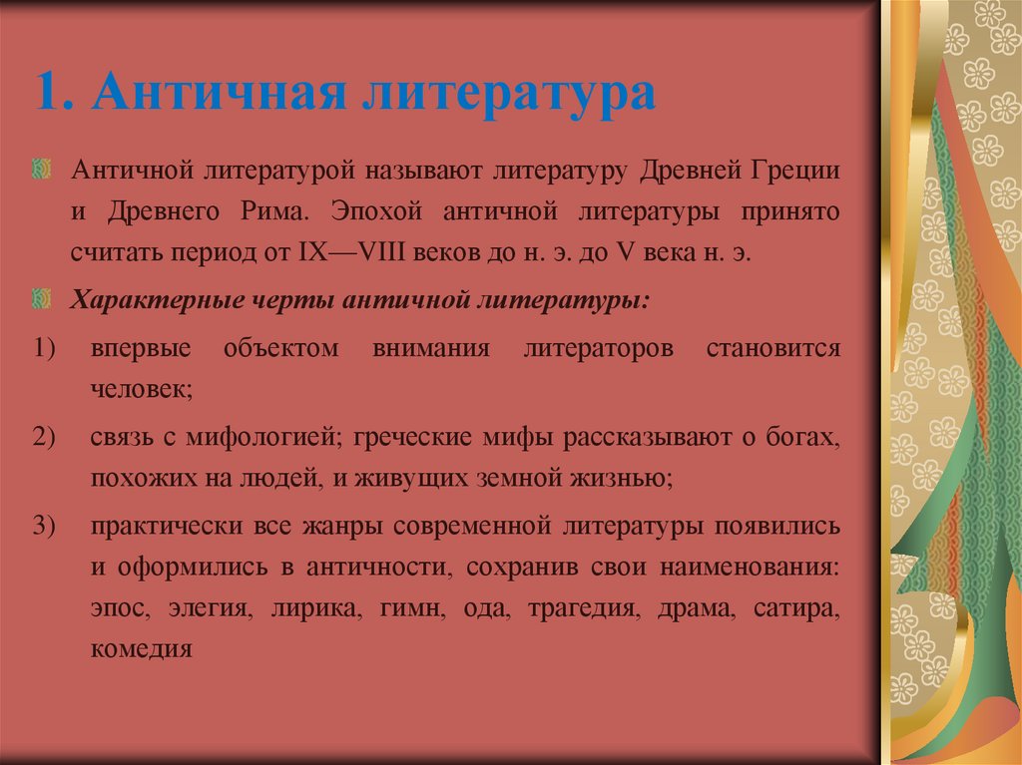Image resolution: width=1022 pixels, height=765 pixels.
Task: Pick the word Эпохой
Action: point(373,212)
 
